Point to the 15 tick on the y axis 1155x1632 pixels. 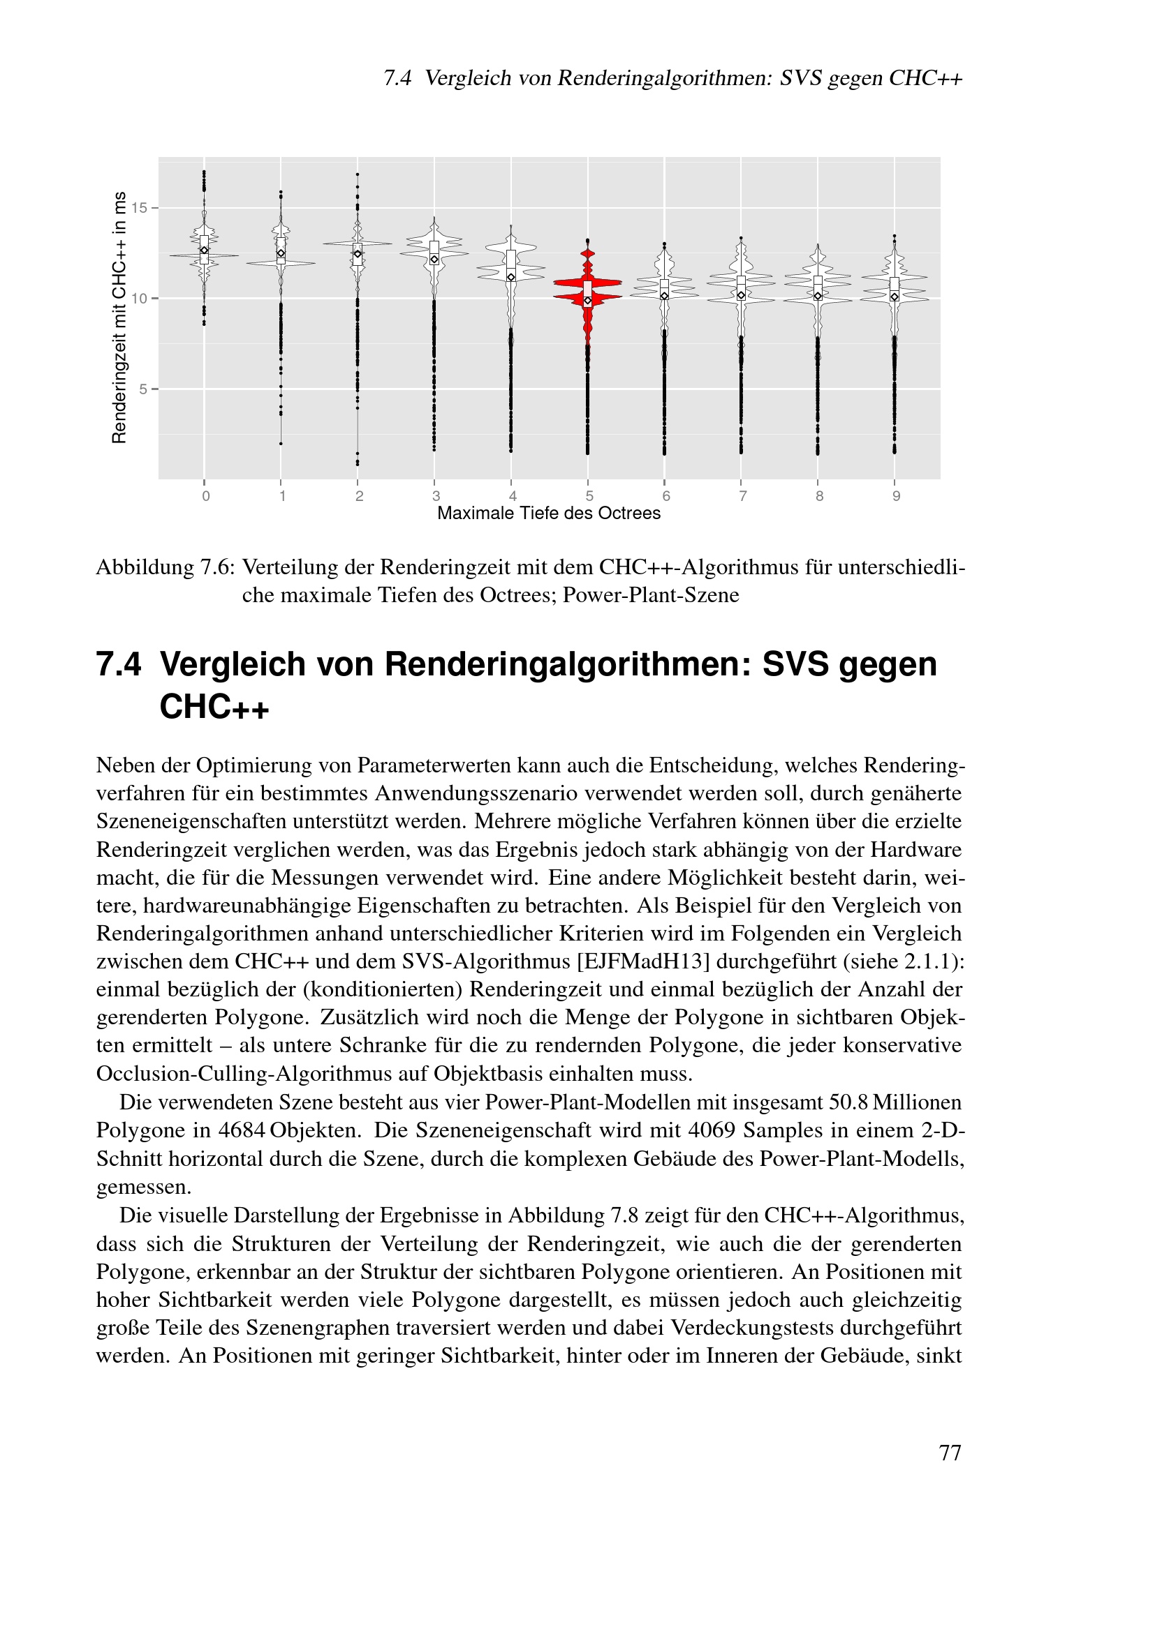140,208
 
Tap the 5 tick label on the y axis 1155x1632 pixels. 144,389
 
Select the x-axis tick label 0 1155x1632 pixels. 205,496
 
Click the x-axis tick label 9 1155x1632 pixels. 896,496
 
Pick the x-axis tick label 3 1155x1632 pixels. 436,496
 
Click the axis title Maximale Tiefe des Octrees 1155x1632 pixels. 548,514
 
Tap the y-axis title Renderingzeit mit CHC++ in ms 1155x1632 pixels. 119,317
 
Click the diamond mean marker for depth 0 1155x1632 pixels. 204,250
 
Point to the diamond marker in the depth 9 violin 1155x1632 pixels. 895,297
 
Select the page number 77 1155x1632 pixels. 950,1453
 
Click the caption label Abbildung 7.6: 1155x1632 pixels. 165,568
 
